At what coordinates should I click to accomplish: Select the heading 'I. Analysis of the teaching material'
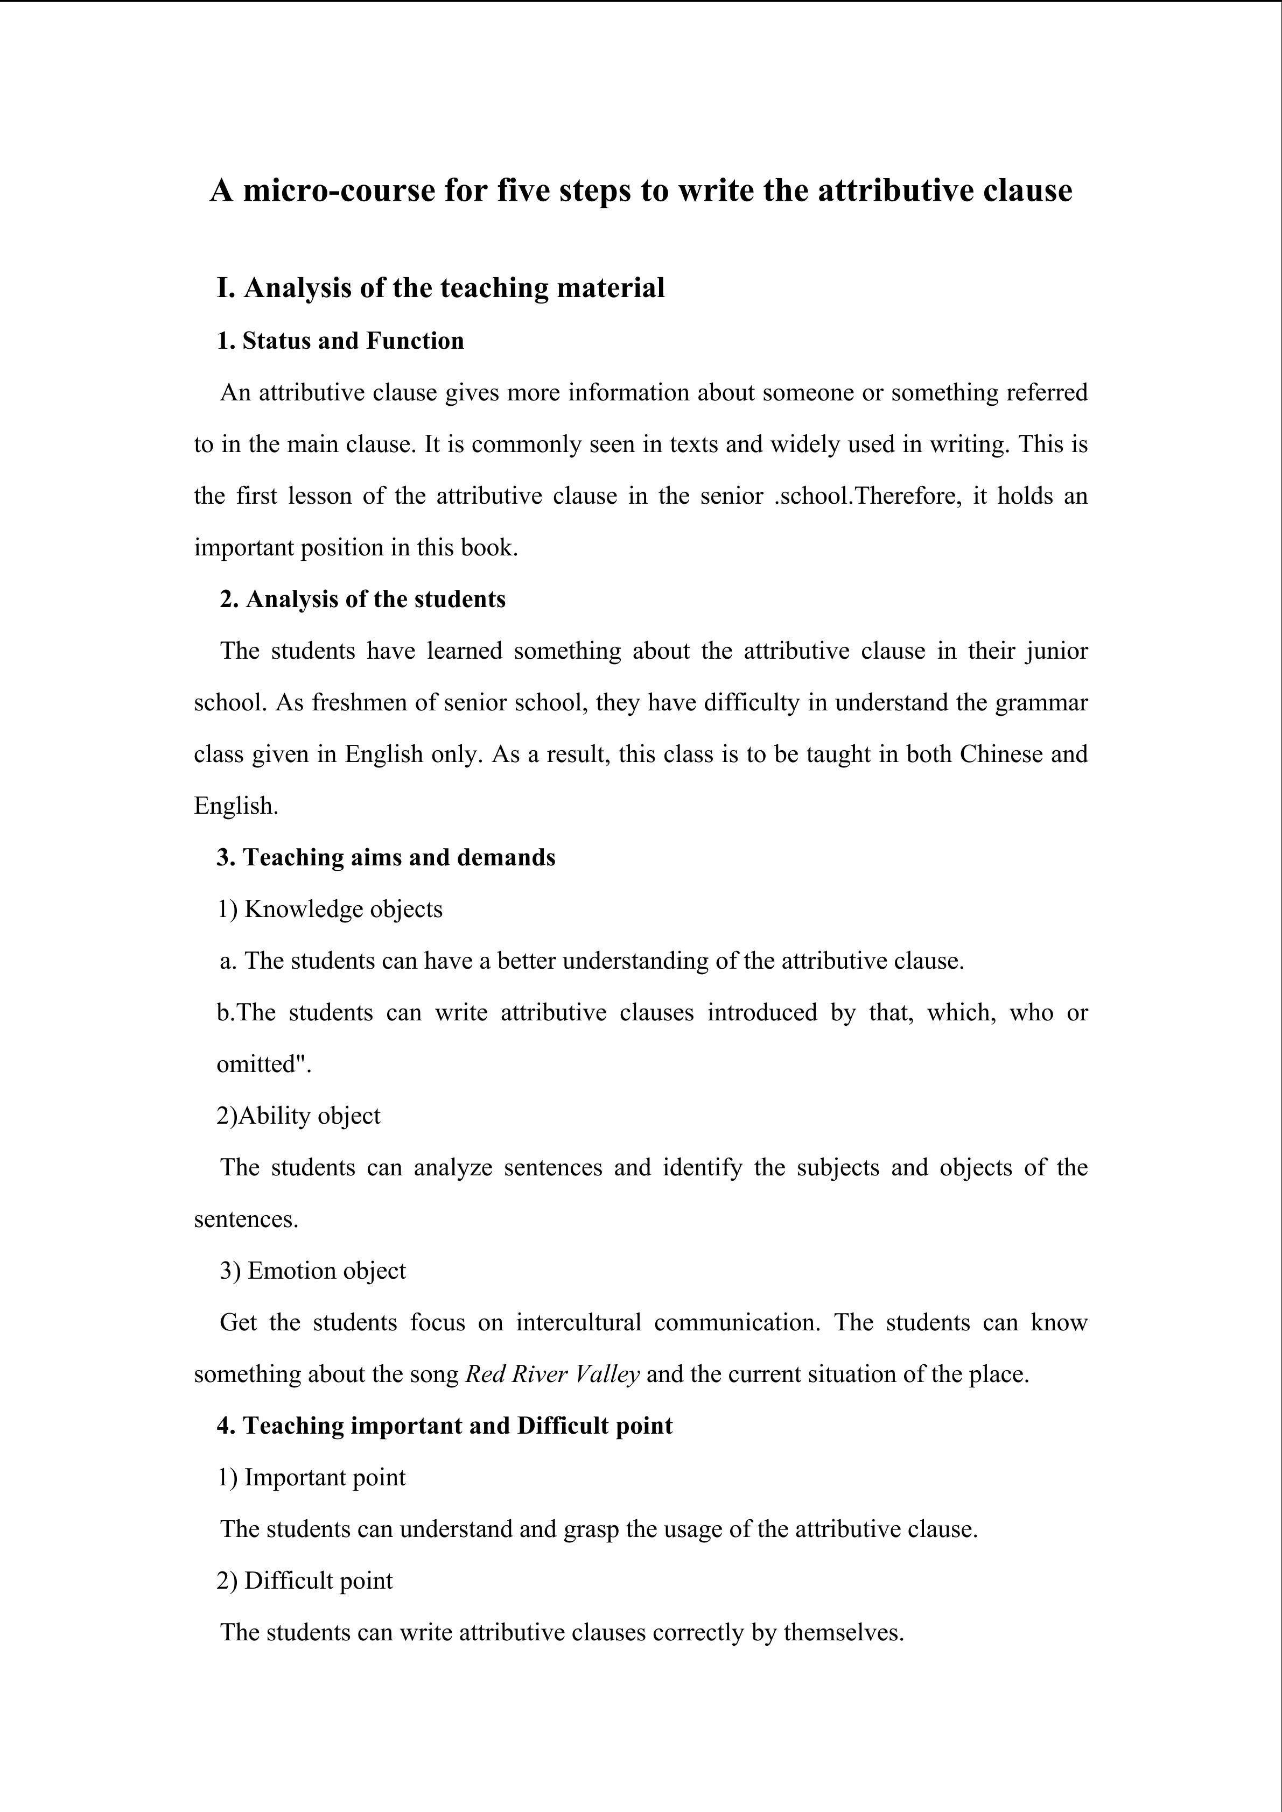tap(440, 287)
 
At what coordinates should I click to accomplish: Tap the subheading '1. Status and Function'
tap(340, 341)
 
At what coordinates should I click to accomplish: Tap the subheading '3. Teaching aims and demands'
tap(386, 857)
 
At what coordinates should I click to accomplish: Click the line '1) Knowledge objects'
tap(330, 909)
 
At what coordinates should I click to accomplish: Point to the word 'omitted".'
tap(264, 1064)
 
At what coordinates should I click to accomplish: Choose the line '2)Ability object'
tap(298, 1116)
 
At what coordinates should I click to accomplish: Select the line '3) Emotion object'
tap(313, 1271)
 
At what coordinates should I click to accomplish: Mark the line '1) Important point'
tap(311, 1477)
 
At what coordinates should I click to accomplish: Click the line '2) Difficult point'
tap(305, 1581)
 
